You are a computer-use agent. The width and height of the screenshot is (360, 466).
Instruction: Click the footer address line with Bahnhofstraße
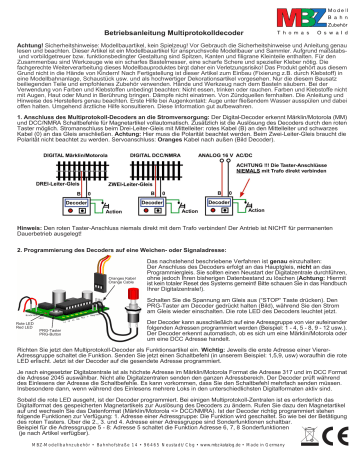pyautogui.click(x=180, y=458)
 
